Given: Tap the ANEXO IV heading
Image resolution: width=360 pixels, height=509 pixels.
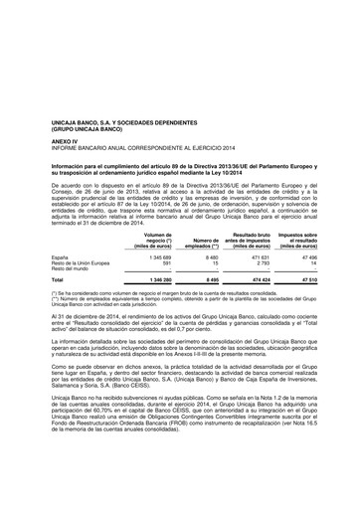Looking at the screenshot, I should [x=67, y=136].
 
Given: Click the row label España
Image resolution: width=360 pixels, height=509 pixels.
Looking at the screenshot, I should [x=61, y=256].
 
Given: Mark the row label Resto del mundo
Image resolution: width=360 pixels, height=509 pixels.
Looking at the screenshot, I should [x=72, y=268].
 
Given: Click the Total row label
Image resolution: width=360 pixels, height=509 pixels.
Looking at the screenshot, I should [x=58, y=280].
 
